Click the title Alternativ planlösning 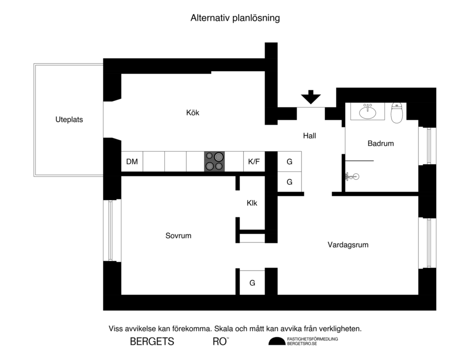[235, 18]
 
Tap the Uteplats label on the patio [69, 120]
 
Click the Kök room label [193, 112]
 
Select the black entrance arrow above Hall [311, 97]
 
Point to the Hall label [309, 136]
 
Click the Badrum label [380, 144]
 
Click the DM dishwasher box [132, 161]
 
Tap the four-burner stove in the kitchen [215, 161]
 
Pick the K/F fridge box [254, 161]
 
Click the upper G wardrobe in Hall [290, 161]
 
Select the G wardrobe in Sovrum [252, 283]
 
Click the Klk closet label [252, 203]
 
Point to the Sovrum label [178, 236]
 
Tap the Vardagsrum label [348, 245]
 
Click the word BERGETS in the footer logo [152, 342]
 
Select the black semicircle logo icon [276, 341]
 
